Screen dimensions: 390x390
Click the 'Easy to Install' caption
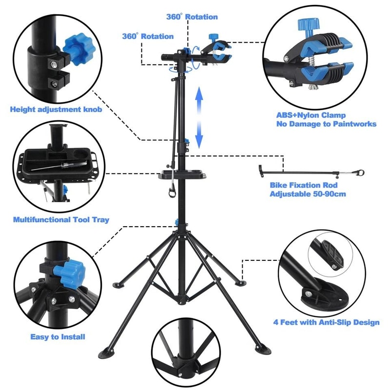coord(58,337)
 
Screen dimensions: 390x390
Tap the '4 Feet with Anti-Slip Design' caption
coord(326,322)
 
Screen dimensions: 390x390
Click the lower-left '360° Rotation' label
coord(148,36)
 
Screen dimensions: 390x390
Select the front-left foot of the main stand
coord(106,351)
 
